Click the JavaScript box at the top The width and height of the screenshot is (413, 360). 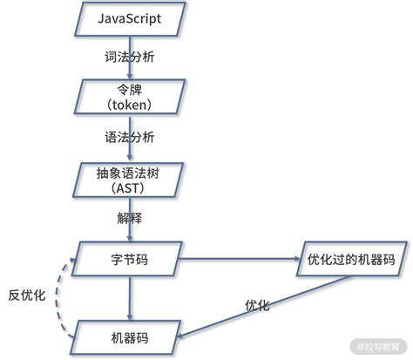pyautogui.click(x=131, y=19)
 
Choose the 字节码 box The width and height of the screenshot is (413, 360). pyautogui.click(x=131, y=258)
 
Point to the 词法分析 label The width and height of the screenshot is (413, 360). pyautogui.click(x=132, y=56)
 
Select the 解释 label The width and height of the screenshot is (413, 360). pyautogui.click(x=131, y=217)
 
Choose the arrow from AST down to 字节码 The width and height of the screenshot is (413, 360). pyautogui.click(x=131, y=230)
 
